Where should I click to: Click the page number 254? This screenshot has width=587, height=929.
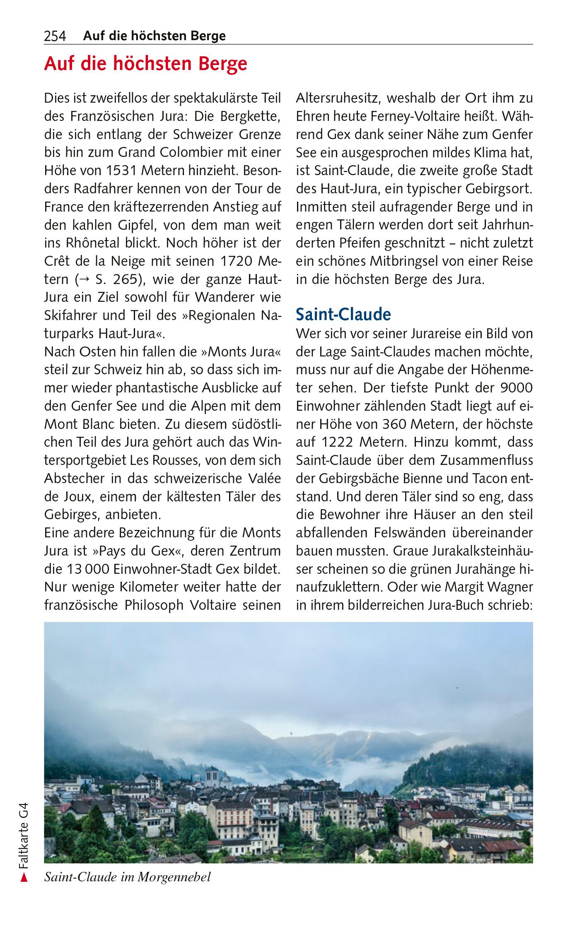(x=55, y=36)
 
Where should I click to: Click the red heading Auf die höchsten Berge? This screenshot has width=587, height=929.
(x=145, y=64)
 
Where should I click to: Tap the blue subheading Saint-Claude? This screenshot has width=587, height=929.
(x=343, y=315)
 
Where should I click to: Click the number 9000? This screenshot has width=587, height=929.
(x=517, y=388)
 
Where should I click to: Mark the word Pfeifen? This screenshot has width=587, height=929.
(x=354, y=243)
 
